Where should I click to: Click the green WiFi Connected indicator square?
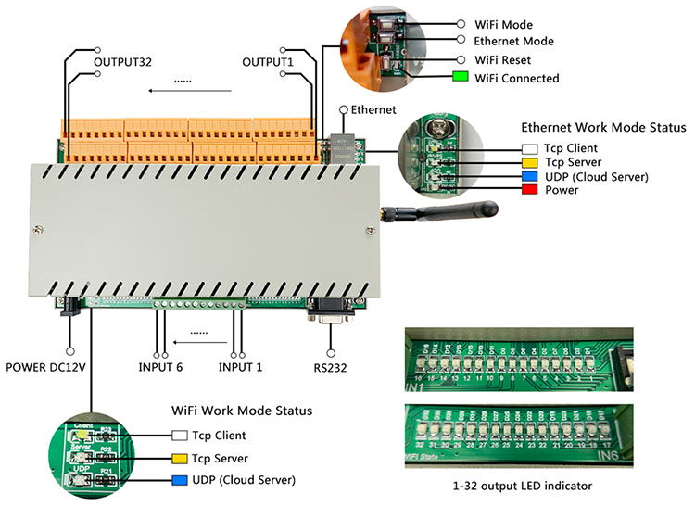point(461,78)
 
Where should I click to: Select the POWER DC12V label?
point(45,367)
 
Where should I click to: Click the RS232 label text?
point(331,367)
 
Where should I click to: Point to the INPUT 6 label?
point(161,367)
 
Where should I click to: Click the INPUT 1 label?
point(241,367)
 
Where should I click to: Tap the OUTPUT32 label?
point(122,62)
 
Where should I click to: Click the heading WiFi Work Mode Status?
point(241,410)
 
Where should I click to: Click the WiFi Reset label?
point(506,59)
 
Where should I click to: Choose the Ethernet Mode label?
point(513,42)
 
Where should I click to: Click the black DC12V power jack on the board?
point(68,309)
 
